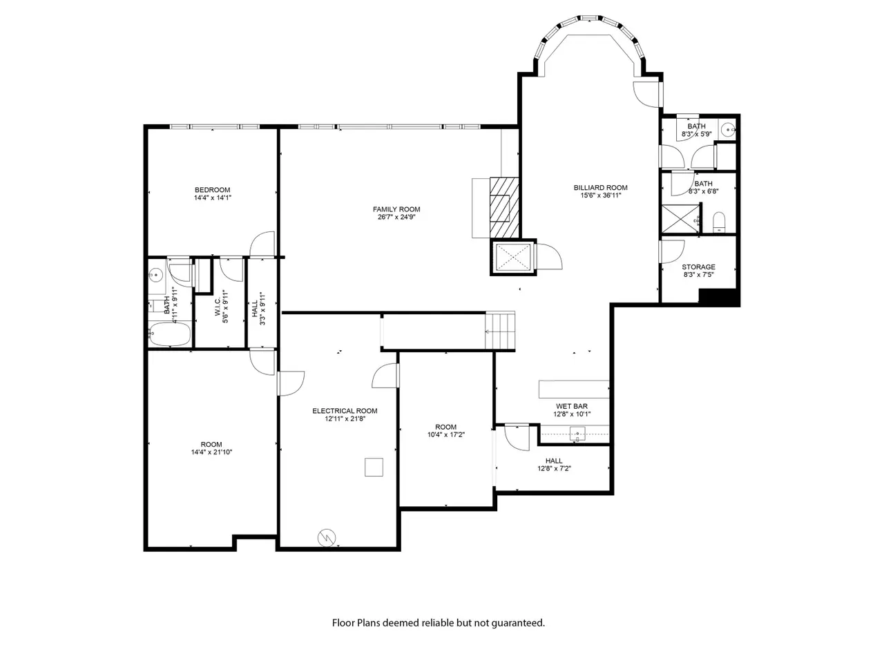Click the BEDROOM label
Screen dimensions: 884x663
(x=212, y=190)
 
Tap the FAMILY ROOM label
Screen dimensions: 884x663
(x=396, y=209)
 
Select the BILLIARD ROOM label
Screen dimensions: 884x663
(x=600, y=188)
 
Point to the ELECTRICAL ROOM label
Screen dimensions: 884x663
(x=345, y=411)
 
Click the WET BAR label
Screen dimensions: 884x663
(x=571, y=406)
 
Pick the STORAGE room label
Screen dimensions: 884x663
(x=698, y=267)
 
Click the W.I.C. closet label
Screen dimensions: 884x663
(x=218, y=307)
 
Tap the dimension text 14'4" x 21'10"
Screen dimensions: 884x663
(x=211, y=452)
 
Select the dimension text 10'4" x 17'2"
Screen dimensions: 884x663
(x=446, y=435)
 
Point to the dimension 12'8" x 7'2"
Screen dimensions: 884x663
(x=554, y=468)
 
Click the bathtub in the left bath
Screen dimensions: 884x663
(x=170, y=334)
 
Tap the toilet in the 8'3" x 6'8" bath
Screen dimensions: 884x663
(x=719, y=222)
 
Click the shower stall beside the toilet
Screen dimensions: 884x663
(x=681, y=219)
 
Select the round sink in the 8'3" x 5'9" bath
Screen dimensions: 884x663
(x=728, y=130)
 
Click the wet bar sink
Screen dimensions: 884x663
(x=577, y=434)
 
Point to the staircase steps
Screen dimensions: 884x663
(x=500, y=331)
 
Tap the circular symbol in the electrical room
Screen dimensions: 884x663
(x=327, y=537)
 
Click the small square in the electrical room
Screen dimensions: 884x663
(x=374, y=467)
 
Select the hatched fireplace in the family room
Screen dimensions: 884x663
(x=504, y=207)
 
